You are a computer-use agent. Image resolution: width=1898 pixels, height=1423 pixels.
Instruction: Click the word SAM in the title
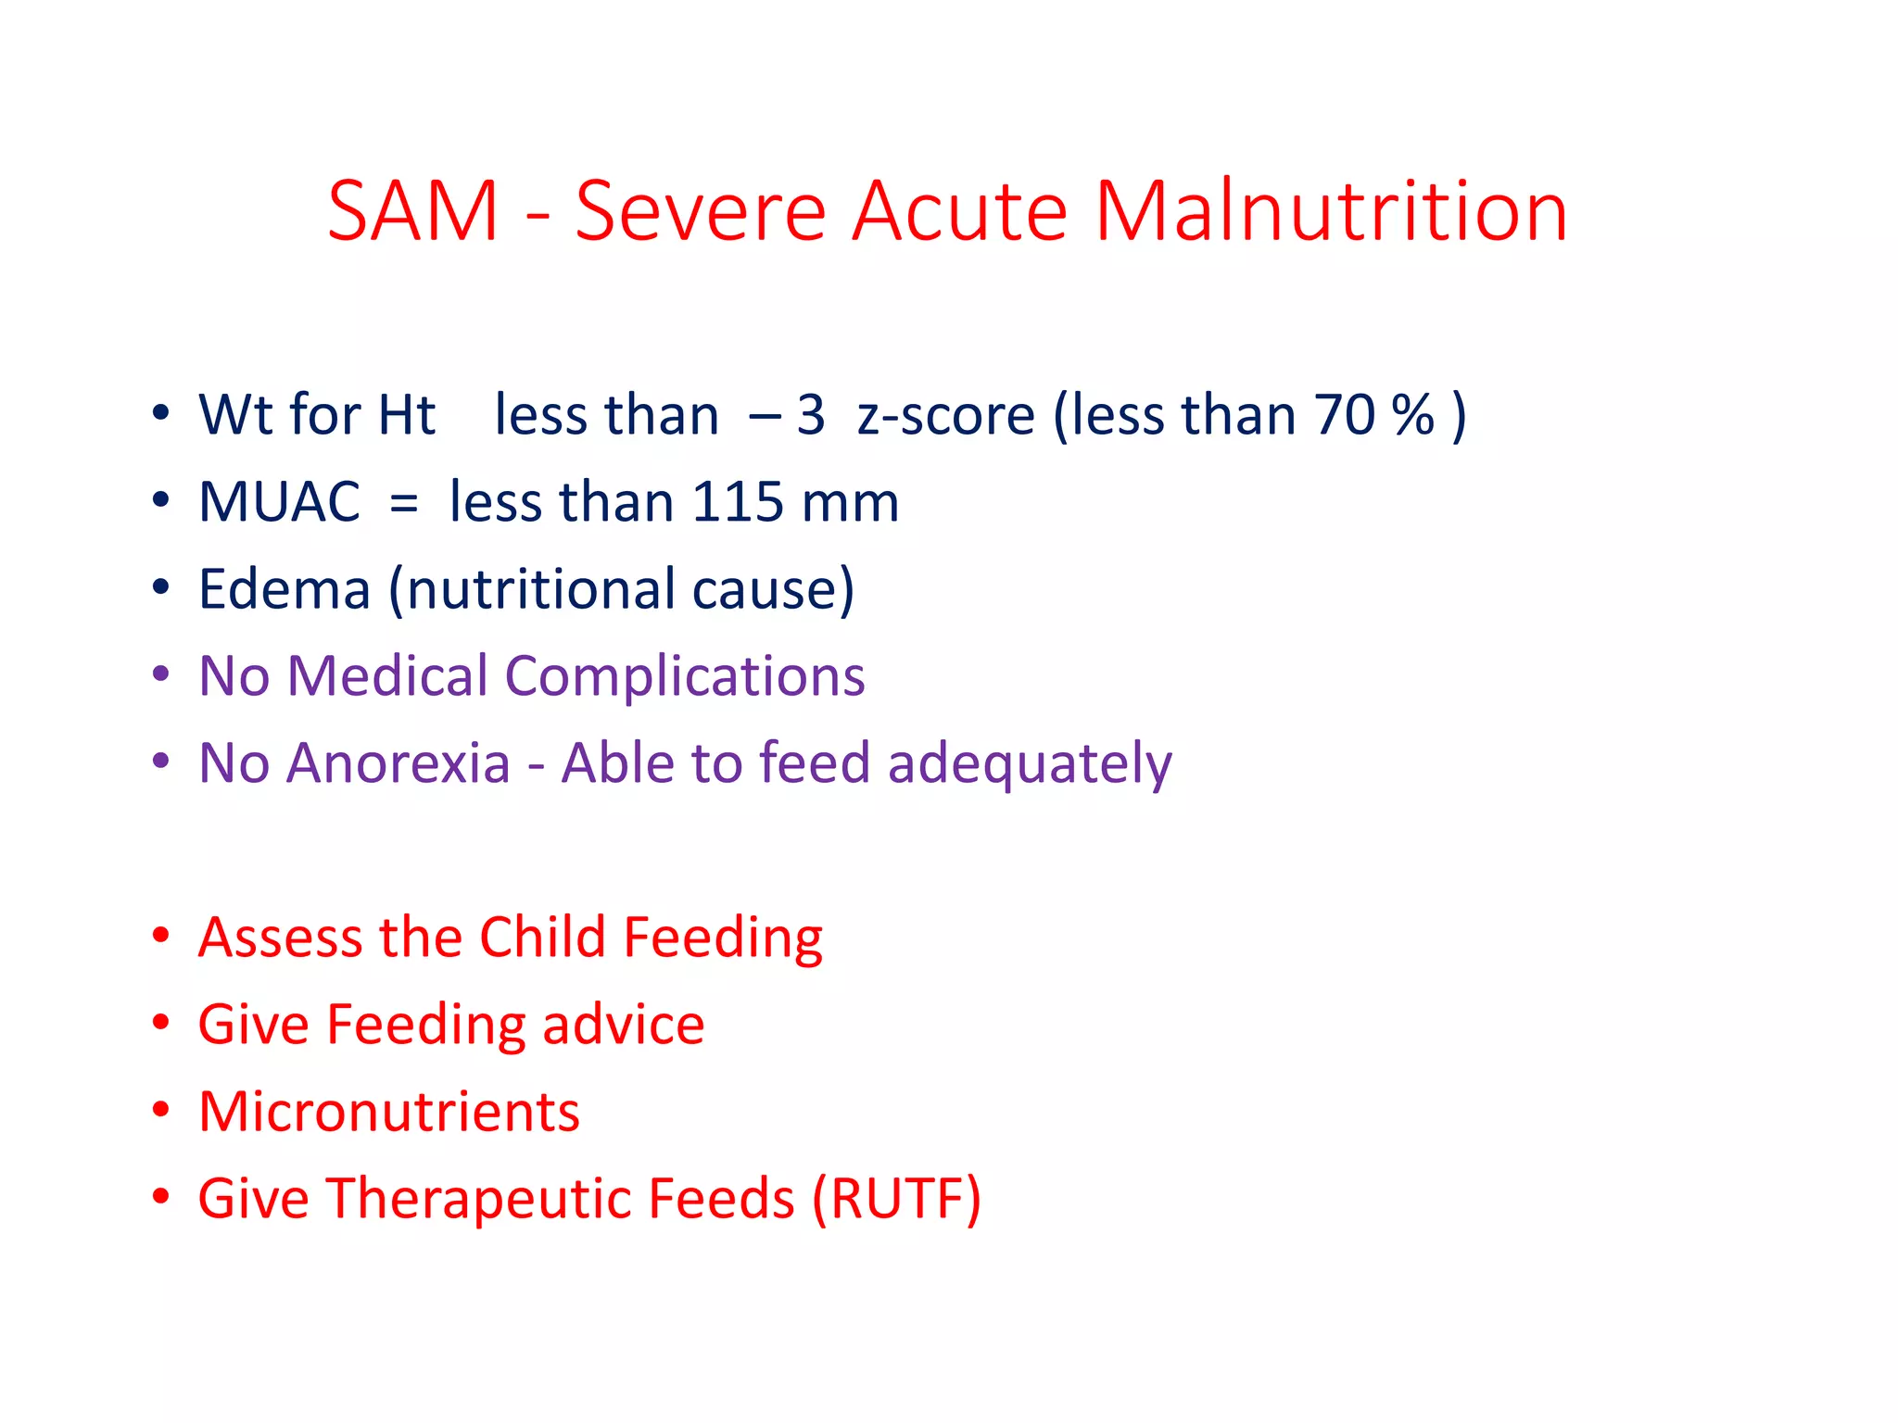(x=413, y=212)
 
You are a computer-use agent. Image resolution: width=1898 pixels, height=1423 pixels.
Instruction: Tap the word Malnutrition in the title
(x=1331, y=212)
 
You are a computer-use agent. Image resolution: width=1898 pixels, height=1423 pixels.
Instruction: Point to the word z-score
(x=945, y=417)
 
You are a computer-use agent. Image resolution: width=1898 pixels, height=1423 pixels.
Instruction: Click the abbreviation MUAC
(x=279, y=503)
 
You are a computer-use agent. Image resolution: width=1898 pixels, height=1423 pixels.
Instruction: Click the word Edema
(x=285, y=590)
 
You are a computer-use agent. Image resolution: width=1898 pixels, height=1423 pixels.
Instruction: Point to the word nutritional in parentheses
(x=540, y=590)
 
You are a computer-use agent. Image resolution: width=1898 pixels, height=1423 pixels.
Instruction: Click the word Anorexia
(x=399, y=764)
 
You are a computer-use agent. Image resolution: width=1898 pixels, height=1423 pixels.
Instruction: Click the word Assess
(x=281, y=938)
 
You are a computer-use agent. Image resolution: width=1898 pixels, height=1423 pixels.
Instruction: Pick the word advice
(x=623, y=1026)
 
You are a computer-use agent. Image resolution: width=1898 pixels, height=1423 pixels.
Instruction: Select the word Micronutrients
(x=389, y=1113)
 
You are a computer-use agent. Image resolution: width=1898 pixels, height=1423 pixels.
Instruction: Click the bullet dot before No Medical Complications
(x=161, y=674)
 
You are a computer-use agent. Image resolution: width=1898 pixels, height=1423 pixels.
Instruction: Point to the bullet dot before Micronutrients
(x=161, y=1110)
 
